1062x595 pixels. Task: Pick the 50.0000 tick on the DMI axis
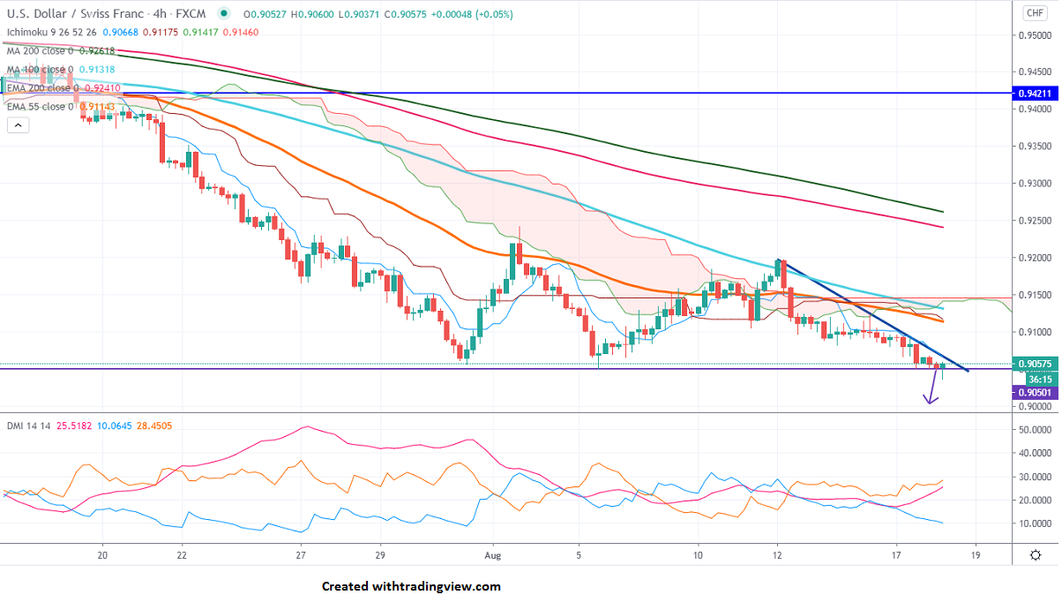(1034, 430)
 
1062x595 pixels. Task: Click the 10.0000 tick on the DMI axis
(1034, 523)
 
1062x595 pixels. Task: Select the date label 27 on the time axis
(301, 554)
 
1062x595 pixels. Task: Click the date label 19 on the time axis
(975, 554)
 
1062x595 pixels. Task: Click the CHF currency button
(1034, 12)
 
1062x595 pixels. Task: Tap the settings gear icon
(1035, 554)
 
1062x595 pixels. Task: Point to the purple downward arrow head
(930, 399)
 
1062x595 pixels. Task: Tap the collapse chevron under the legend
(18, 125)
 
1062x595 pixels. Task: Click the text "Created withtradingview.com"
(410, 586)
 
